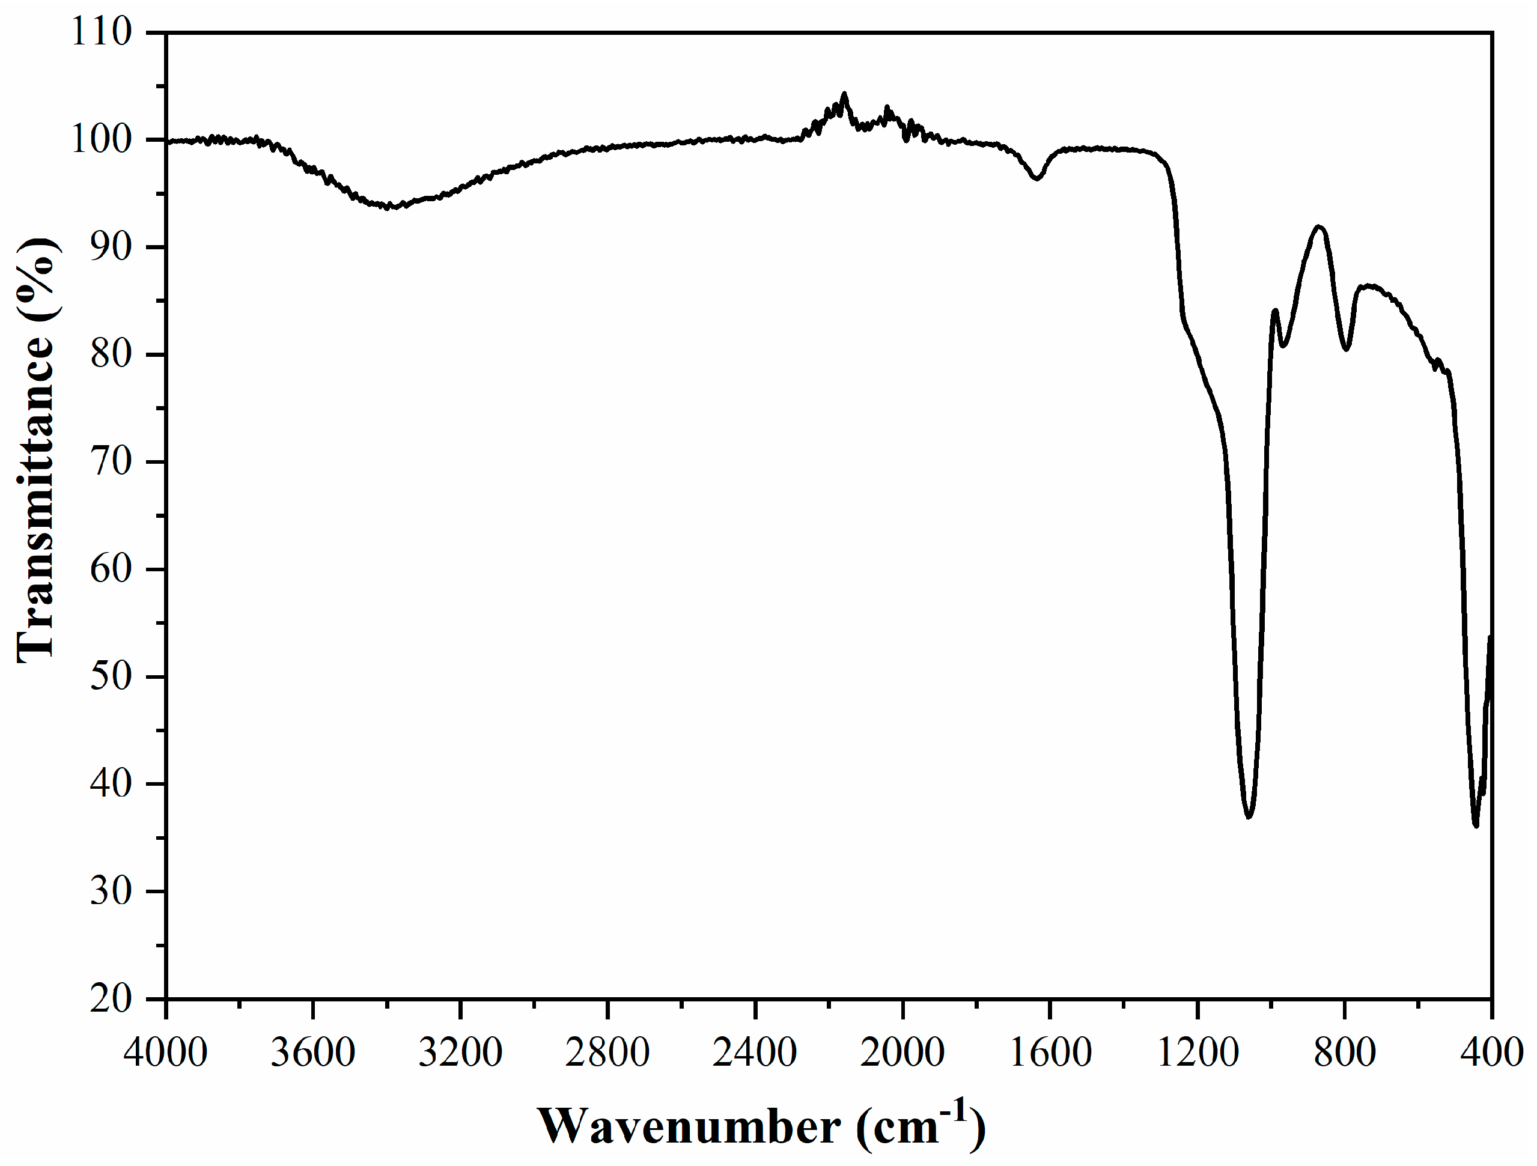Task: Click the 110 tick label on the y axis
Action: (x=102, y=32)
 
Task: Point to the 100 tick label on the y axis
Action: (x=102, y=140)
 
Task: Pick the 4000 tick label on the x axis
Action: (x=165, y=1052)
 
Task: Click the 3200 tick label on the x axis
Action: (x=460, y=1052)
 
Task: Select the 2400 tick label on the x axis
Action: (x=755, y=1052)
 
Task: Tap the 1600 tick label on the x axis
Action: (x=1049, y=1052)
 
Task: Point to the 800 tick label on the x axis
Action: (x=1345, y=1052)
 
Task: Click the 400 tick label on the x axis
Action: (x=1492, y=1052)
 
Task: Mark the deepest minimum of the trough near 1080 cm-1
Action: (x=1249, y=816)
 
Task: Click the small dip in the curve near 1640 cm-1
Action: (x=1036, y=178)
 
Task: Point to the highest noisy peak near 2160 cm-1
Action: (x=844, y=94)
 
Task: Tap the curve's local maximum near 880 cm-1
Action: (x=1318, y=226)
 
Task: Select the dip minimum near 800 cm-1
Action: (x=1346, y=350)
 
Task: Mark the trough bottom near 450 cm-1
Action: (x=1476, y=826)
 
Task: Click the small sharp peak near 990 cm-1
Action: (x=1275, y=310)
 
